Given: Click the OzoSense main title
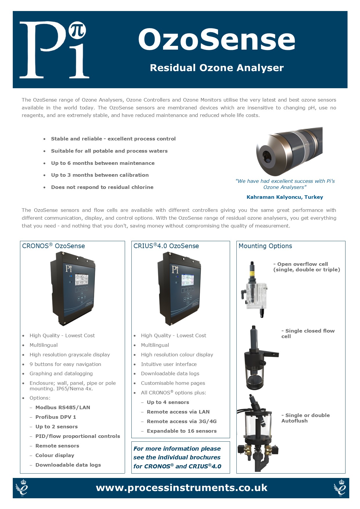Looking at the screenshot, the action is point(217,39).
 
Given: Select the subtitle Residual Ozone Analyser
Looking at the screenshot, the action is point(217,68).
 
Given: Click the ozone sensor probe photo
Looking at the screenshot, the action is point(289,151).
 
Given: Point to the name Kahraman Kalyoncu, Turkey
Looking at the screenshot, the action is point(285,197).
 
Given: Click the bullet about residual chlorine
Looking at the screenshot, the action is point(102,187).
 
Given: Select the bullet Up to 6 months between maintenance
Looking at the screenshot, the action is point(103,163).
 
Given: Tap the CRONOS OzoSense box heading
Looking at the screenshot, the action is point(54,246).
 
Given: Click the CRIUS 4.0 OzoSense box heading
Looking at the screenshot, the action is point(166,246).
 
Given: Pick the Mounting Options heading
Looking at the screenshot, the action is point(265,246).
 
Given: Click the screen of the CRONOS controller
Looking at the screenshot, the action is point(82,279).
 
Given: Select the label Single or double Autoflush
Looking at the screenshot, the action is point(305,418).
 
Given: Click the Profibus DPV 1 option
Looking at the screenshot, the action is point(56,417).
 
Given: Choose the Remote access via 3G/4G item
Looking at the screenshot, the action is point(182,421).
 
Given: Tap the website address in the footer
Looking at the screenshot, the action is point(182,488).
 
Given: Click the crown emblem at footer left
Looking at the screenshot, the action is point(22,488).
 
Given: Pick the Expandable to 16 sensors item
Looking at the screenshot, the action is point(182,431).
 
